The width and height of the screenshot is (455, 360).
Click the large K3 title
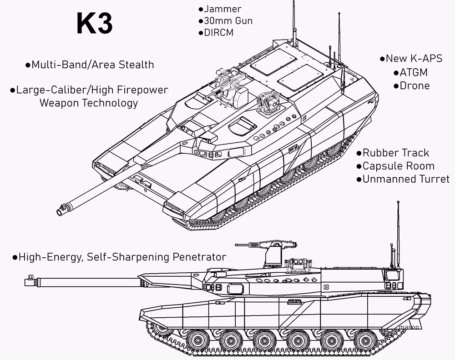tap(94, 23)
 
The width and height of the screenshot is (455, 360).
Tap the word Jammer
tap(222, 9)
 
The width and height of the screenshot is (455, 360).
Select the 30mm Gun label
tap(228, 21)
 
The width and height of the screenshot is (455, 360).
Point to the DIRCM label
tap(219, 32)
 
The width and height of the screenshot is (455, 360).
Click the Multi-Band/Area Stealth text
tap(92, 65)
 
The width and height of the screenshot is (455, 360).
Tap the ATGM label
tap(414, 72)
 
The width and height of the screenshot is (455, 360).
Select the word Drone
tap(415, 86)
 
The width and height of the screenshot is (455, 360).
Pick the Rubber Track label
tap(396, 153)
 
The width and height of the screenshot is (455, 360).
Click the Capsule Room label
tap(399, 166)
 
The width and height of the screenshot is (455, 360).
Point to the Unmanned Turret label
tap(406, 179)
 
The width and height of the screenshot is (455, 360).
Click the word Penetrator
tap(199, 257)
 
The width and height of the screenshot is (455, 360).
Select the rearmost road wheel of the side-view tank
tap(366, 340)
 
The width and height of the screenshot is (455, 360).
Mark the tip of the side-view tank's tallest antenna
tap(399, 201)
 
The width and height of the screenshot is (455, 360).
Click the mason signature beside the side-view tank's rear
tap(409, 327)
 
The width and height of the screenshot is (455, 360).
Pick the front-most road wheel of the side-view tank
tap(198, 340)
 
